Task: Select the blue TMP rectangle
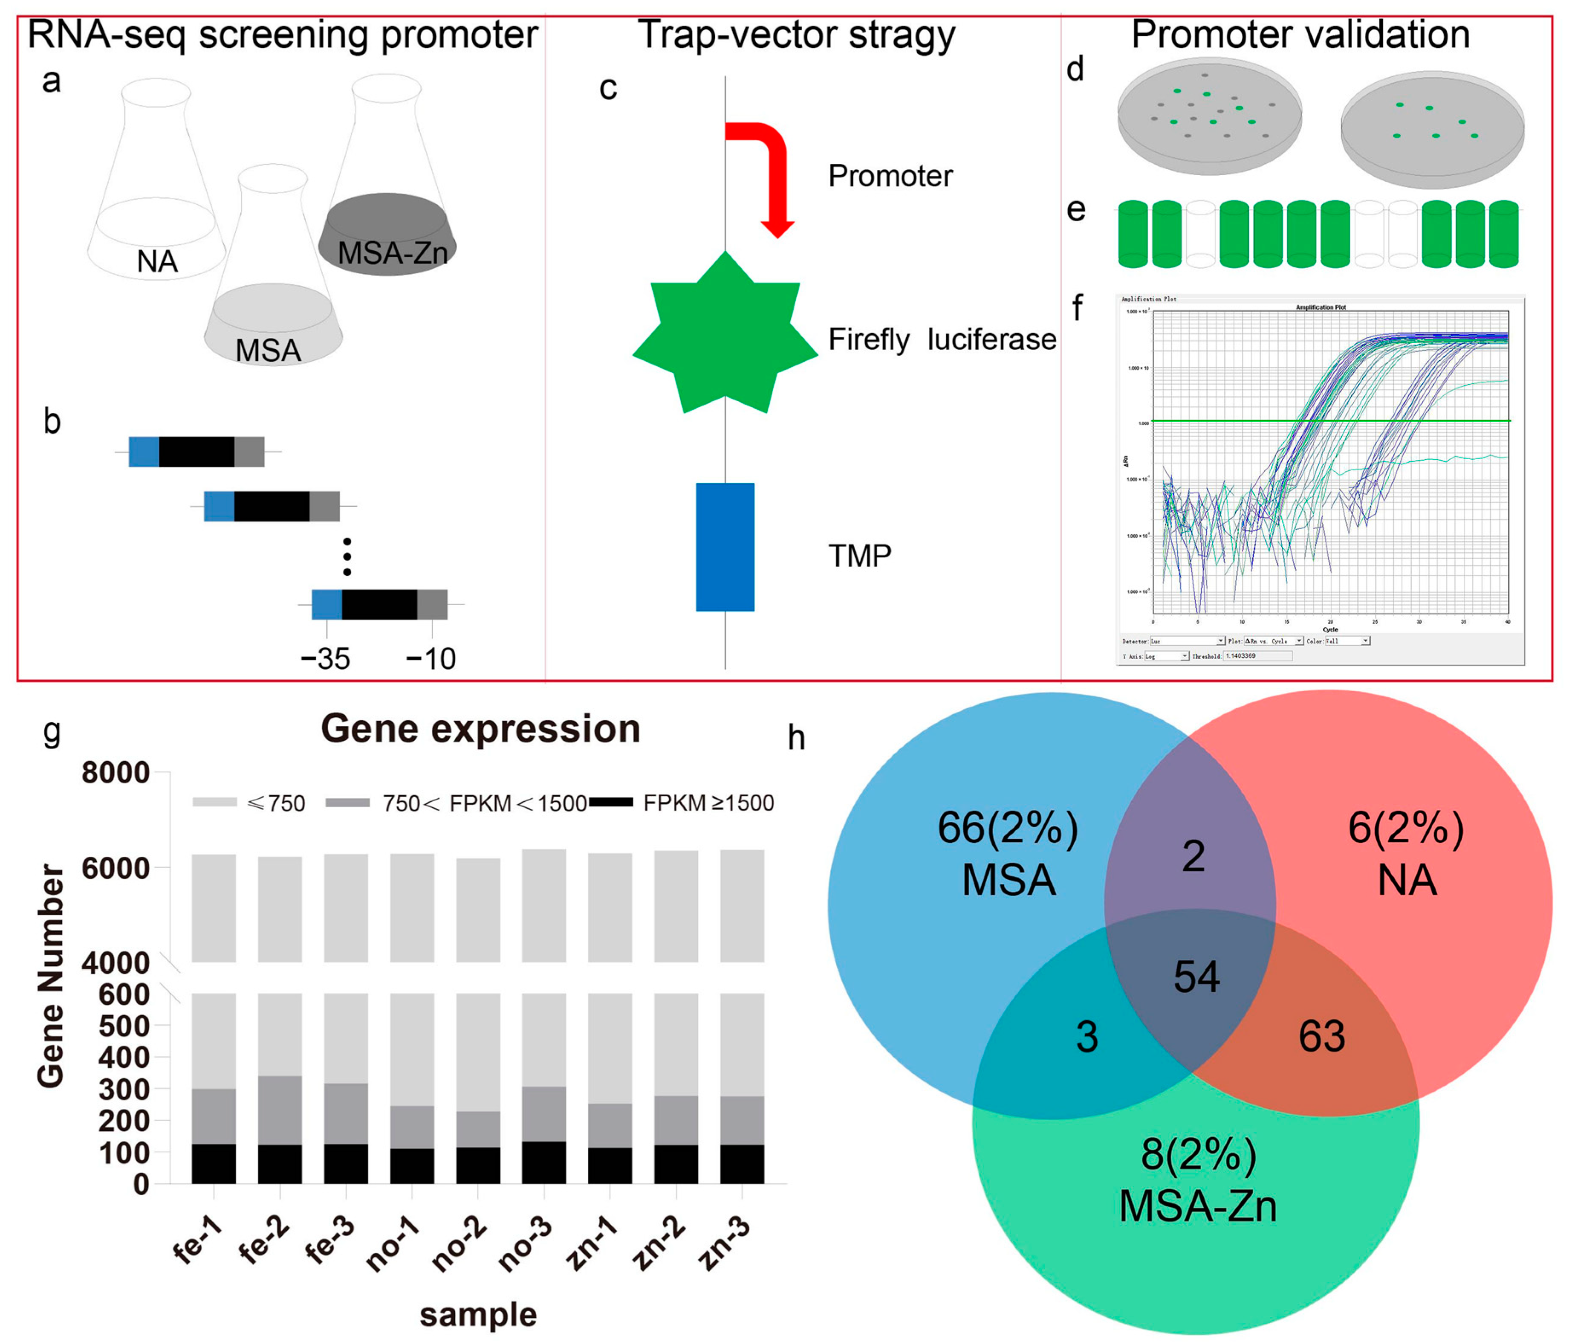tap(725, 547)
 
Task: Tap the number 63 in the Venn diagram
tap(1322, 1036)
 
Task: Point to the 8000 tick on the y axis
tap(116, 773)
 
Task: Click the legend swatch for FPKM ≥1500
tap(611, 802)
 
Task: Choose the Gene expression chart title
tap(480, 729)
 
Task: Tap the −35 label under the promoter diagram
tap(326, 659)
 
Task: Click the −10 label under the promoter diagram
tap(431, 659)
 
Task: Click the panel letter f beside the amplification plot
tap(1077, 307)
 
